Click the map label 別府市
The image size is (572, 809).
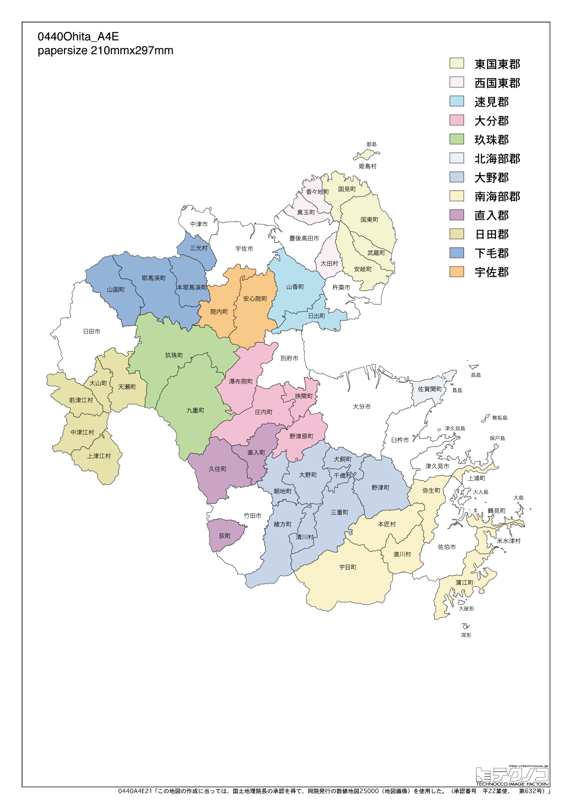tap(289, 358)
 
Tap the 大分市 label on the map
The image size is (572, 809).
tap(362, 406)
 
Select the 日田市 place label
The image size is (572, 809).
tap(91, 331)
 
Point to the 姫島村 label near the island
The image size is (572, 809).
tap(368, 166)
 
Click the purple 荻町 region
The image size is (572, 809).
tap(225, 535)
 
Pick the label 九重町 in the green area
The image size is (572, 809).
tap(195, 410)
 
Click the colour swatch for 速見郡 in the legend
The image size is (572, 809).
tap(457, 101)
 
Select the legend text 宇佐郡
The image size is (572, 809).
tap(492, 272)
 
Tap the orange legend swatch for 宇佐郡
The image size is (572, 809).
tap(457, 272)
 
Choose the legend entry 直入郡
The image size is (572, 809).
tap(492, 215)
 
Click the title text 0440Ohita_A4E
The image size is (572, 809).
tap(78, 37)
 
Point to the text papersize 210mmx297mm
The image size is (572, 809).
tap(106, 51)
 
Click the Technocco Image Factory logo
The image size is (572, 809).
tap(512, 776)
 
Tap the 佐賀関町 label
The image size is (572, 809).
tap(430, 389)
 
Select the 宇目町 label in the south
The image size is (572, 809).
tap(348, 567)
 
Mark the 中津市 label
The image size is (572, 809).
tap(199, 224)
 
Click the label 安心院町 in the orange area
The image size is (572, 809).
tap(255, 298)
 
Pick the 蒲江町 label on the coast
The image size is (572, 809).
tap(465, 583)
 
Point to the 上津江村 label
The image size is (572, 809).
tap(99, 456)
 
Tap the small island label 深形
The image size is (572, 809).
tap(466, 635)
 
